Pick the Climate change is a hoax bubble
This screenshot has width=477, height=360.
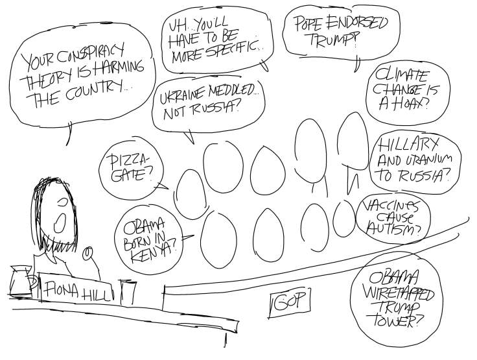pos(406,93)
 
